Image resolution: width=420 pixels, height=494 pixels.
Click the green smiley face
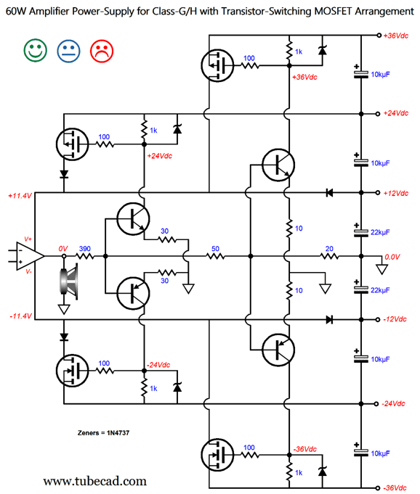pyautogui.click(x=36, y=50)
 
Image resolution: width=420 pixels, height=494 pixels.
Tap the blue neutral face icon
pyautogui.click(x=68, y=51)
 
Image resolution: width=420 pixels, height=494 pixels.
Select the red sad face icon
pyautogui.click(x=102, y=51)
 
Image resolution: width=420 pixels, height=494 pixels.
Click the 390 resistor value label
pyautogui.click(x=85, y=249)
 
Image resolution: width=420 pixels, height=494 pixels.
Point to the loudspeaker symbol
pyautogui.click(x=69, y=281)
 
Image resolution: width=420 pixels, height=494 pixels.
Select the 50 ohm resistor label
pyautogui.click(x=215, y=249)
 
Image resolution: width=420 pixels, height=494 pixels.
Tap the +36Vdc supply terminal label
pyautogui.click(x=396, y=36)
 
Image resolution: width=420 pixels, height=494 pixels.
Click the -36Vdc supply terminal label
pyautogui.click(x=395, y=488)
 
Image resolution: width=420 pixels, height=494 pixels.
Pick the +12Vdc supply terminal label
pyautogui.click(x=396, y=193)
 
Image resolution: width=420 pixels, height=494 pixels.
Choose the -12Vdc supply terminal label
pyautogui.click(x=395, y=319)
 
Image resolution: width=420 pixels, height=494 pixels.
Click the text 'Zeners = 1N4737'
pyautogui.click(x=103, y=433)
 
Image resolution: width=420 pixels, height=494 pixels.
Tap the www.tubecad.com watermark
pyautogui.click(x=95, y=481)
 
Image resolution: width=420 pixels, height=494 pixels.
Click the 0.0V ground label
pyautogui.click(x=392, y=257)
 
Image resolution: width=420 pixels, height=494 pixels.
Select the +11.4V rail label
pyautogui.click(x=20, y=196)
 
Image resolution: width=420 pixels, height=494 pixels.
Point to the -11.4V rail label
pyautogui.click(x=21, y=316)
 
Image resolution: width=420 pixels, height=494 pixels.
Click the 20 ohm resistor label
pyautogui.click(x=329, y=249)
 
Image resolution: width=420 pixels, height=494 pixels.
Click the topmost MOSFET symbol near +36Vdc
pyautogui.click(x=217, y=65)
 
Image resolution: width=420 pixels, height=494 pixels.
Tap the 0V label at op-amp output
pyautogui.click(x=63, y=249)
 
